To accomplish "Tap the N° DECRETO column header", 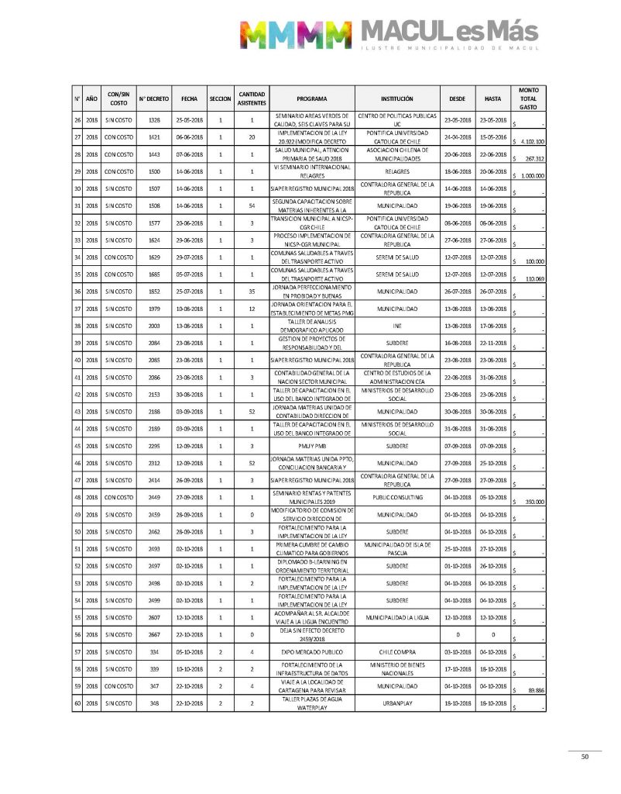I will (x=153, y=99).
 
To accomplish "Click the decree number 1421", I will (x=153, y=136).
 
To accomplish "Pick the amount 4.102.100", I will (x=532, y=143).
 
